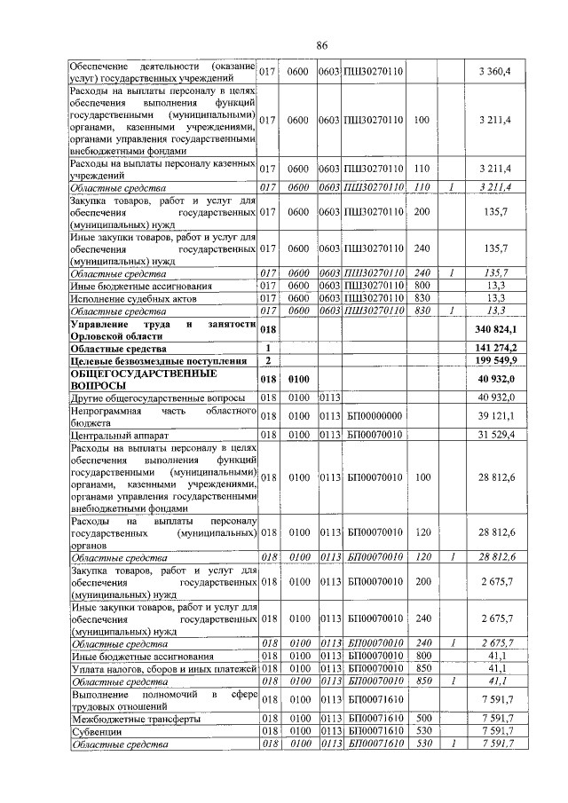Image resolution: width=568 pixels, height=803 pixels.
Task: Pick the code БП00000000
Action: pos(376,417)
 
